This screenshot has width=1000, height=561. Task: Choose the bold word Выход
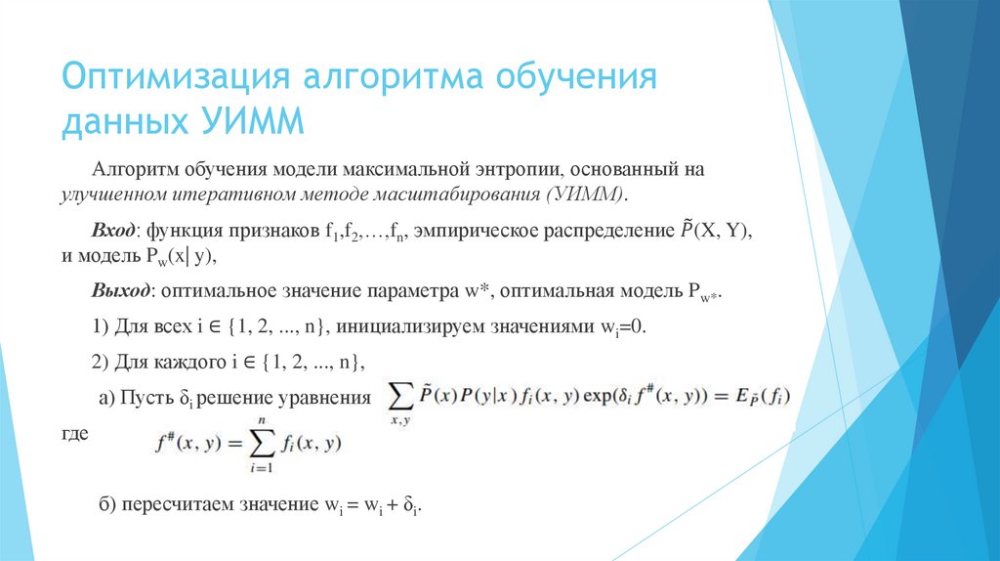click(x=121, y=292)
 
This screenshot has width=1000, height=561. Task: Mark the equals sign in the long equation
click(x=717, y=398)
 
